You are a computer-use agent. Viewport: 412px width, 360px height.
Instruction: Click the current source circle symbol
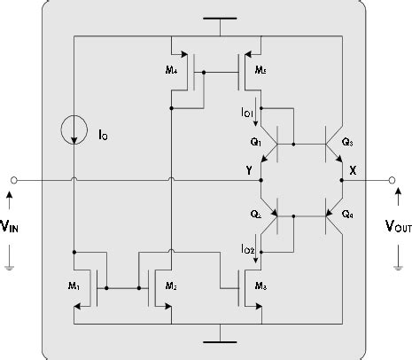74,132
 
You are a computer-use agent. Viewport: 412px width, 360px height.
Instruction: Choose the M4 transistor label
172,70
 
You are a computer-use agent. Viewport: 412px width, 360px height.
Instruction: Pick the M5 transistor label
260,70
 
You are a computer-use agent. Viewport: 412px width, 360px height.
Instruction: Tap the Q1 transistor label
256,141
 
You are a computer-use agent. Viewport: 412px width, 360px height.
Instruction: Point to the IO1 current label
249,113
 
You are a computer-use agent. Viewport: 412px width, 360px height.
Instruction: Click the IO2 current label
249,251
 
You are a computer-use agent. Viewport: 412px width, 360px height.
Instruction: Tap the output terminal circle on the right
391,180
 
